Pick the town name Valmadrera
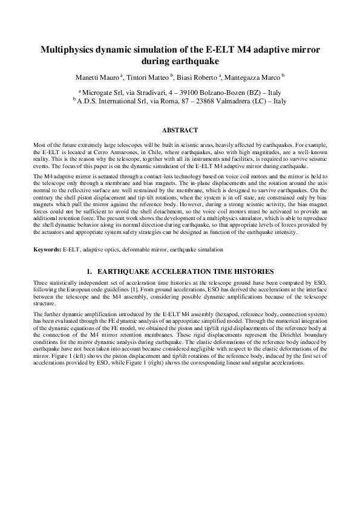click(230, 102)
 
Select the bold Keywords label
click(47, 249)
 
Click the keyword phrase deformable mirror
click(139, 249)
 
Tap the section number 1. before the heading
click(91, 271)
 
